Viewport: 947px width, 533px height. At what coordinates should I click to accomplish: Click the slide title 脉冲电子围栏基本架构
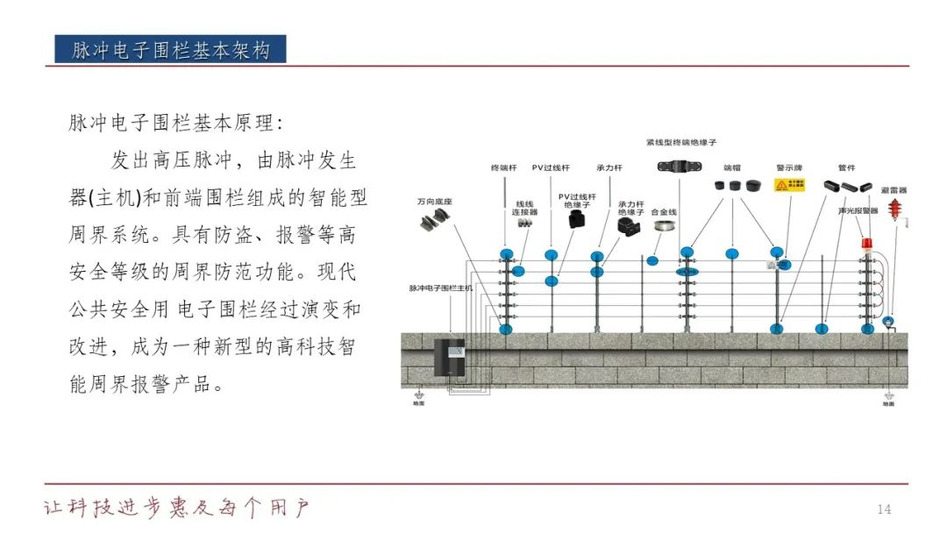[x=171, y=50]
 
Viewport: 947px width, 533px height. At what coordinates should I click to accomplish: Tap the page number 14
[x=884, y=509]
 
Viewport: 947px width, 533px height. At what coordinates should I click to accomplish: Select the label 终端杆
[x=503, y=167]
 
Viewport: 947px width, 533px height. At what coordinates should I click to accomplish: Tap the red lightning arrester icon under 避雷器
[x=894, y=210]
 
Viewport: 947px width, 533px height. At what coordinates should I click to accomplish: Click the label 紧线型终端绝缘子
[x=681, y=141]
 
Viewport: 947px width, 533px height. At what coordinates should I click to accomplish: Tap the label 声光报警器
[x=858, y=210]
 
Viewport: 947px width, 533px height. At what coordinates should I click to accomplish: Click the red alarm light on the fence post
[x=868, y=243]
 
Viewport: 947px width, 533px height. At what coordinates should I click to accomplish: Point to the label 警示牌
[x=785, y=167]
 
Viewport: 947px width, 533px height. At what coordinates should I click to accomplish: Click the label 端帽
[x=732, y=167]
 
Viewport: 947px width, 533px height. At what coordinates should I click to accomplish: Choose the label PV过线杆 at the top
[x=551, y=167]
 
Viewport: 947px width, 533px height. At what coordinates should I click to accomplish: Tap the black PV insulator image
[x=576, y=223]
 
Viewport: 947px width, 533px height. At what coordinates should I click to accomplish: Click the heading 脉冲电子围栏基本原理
[x=176, y=123]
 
